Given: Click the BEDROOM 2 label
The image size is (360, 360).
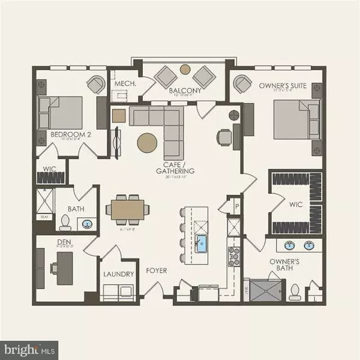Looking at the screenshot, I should coord(71,134).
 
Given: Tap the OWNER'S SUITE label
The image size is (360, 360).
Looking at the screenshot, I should coord(284,86).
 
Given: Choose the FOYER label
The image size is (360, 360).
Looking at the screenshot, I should coord(157,271).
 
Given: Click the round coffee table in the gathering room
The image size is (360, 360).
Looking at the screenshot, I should coord(148,143).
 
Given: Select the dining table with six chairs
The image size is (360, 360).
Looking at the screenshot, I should coord(128,209).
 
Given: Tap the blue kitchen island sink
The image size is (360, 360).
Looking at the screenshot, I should coord(202,243).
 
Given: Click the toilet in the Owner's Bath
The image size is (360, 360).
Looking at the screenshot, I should coord(293,291).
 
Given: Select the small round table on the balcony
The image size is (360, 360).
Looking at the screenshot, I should coord(185,69).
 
